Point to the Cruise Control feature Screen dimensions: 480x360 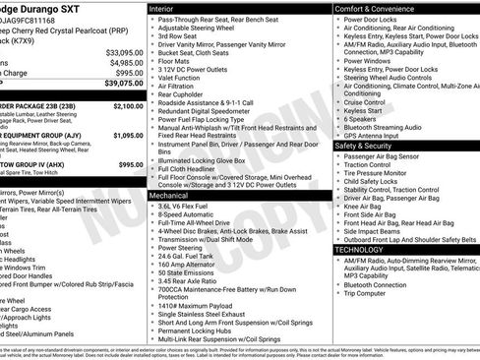point(364,102)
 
